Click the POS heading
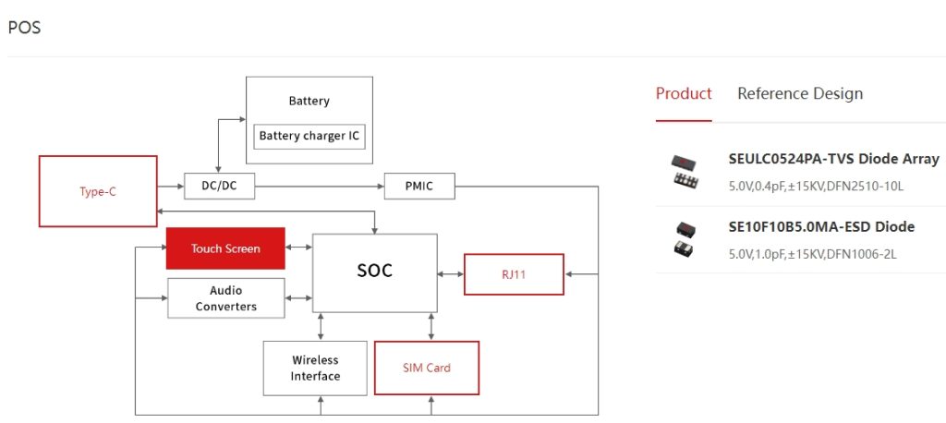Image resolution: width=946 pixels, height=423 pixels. (24, 27)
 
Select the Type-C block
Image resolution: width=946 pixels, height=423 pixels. (97, 192)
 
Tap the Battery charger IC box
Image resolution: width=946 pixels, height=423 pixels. (309, 136)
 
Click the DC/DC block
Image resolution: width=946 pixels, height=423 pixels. (219, 187)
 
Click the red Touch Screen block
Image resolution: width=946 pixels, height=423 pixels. (225, 248)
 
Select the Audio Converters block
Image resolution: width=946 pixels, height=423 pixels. (225, 298)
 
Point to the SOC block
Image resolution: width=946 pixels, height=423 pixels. (374, 271)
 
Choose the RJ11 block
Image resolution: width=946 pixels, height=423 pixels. (513, 274)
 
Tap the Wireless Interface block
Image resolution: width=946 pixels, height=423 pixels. (315, 368)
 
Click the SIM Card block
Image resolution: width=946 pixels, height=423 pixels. (426, 368)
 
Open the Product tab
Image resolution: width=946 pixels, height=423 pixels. (684, 93)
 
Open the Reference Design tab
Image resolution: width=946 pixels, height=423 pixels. (800, 93)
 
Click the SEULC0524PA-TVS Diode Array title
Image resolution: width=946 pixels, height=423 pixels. (833, 159)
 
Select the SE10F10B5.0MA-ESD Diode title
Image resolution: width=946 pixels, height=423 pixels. (821, 227)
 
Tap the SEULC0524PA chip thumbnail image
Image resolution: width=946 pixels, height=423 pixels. (685, 172)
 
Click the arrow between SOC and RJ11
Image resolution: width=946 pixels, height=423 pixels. (450, 274)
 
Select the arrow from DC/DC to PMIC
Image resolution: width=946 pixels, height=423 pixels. (319, 187)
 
